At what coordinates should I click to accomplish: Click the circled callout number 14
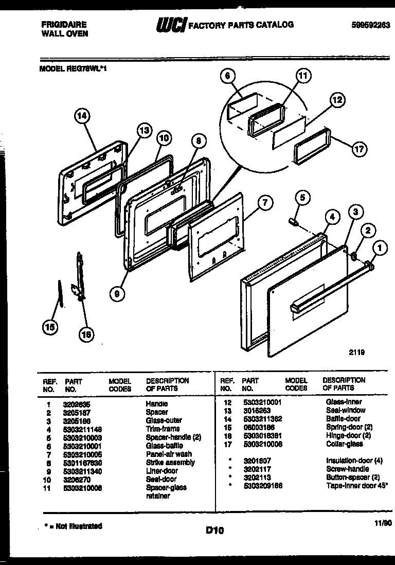click(81, 116)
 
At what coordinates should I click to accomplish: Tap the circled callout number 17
click(359, 149)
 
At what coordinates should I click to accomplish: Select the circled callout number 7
click(264, 203)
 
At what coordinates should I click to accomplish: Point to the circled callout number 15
click(50, 327)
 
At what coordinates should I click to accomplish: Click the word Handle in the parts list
click(156, 404)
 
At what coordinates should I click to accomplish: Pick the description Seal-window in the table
click(345, 410)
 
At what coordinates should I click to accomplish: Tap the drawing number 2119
click(356, 352)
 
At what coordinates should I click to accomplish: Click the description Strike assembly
click(170, 462)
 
